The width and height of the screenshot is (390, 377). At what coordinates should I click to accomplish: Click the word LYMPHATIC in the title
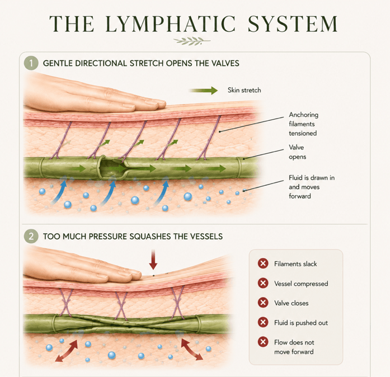tap(170, 23)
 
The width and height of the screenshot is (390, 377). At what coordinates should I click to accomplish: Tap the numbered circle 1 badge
tap(31, 63)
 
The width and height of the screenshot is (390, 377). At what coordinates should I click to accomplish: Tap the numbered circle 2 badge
tap(31, 236)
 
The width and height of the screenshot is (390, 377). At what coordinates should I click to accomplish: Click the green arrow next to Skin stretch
tap(203, 91)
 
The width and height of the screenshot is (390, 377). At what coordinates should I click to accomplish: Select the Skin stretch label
tap(245, 90)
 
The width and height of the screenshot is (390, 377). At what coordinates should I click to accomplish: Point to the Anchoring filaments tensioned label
tap(303, 124)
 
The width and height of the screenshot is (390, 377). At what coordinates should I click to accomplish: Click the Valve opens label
tap(297, 152)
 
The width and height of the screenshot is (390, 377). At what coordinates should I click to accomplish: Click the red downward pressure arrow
tap(153, 260)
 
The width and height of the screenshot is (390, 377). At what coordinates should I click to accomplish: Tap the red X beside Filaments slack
tap(263, 263)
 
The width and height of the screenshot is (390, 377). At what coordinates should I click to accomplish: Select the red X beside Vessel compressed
tap(263, 283)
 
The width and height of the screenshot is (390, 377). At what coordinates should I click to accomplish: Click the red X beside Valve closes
tap(263, 303)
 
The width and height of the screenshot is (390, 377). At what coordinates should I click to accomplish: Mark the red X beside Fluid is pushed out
tap(263, 322)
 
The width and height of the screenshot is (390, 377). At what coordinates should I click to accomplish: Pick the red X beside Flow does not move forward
tap(263, 342)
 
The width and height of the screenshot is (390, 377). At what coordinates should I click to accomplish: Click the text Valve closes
tap(292, 303)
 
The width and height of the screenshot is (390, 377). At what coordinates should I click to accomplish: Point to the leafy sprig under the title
tap(192, 41)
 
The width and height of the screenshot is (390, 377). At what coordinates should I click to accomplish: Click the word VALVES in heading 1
tap(225, 63)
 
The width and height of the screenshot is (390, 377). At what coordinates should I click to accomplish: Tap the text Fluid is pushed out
tap(301, 323)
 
